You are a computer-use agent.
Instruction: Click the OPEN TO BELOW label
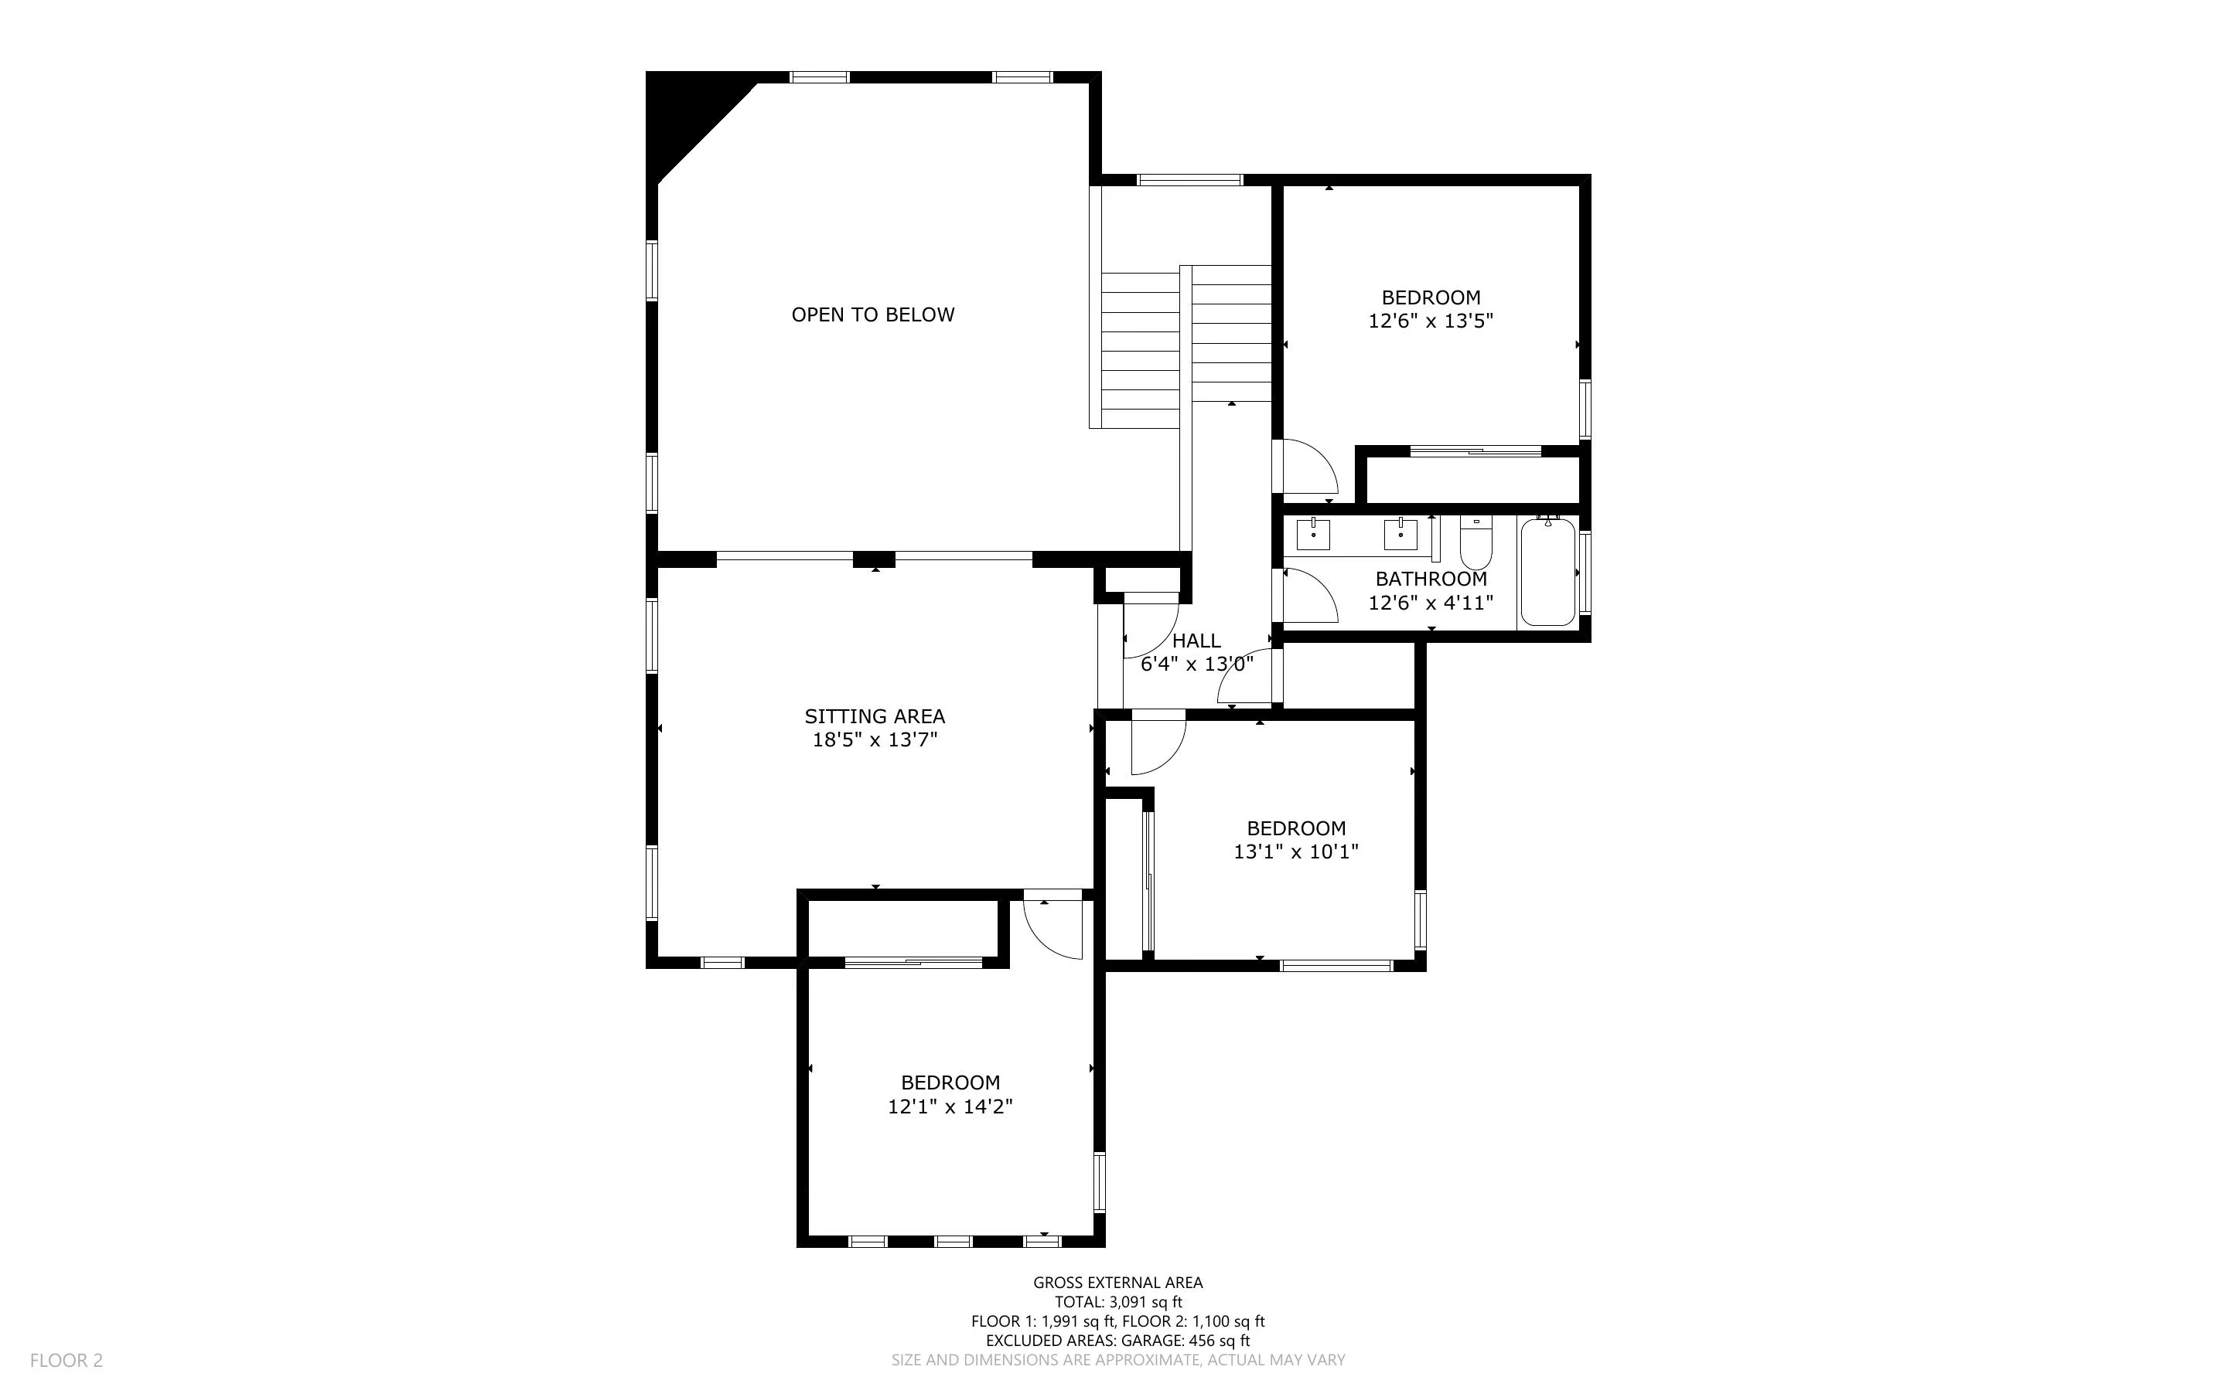click(x=872, y=315)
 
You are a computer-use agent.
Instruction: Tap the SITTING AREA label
click(x=875, y=716)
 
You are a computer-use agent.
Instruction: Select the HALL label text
click(x=1196, y=641)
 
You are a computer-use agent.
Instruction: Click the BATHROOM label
click(x=1431, y=580)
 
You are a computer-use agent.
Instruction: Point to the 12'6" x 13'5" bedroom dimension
click(x=1431, y=321)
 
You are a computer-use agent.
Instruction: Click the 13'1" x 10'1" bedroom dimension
click(x=1296, y=851)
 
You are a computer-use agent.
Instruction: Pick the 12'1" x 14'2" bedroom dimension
click(x=950, y=1106)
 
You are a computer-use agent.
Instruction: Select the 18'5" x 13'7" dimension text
click(x=875, y=739)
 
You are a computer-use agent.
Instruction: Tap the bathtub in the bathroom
click(x=1548, y=572)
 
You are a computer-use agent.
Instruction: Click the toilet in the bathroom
click(x=1476, y=543)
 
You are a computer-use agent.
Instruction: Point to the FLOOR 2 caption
click(x=67, y=1360)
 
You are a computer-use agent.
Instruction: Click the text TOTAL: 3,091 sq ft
click(x=1118, y=1302)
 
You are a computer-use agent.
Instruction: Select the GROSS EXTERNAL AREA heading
click(x=1118, y=1283)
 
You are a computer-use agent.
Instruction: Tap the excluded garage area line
click(x=1118, y=1341)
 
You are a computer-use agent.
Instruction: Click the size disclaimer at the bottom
click(x=1118, y=1360)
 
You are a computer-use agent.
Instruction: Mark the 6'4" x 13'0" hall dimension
click(x=1197, y=664)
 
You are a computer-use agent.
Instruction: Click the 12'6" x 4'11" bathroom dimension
click(x=1431, y=603)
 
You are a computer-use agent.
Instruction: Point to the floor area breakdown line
click(x=1118, y=1321)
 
